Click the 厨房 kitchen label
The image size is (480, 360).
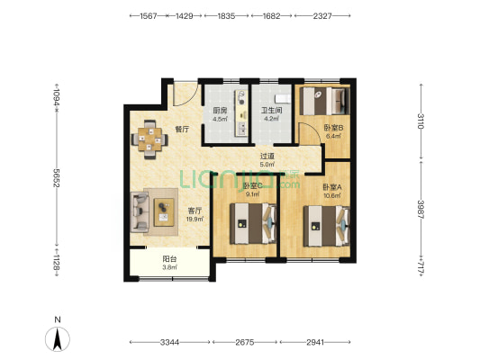click(x=220, y=111)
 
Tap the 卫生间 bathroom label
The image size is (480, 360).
click(x=271, y=111)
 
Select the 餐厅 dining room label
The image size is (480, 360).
click(x=182, y=130)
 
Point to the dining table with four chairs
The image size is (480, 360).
click(x=149, y=139)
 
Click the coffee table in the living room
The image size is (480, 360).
click(x=164, y=212)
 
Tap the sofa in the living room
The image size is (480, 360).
click(x=140, y=212)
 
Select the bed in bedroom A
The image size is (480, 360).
click(x=327, y=226)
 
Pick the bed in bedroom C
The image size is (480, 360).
click(x=253, y=223)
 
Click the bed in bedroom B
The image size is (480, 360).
click(x=324, y=101)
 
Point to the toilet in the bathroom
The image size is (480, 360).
click(x=283, y=98)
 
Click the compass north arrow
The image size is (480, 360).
click(x=58, y=339)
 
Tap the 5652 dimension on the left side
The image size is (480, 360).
click(x=57, y=177)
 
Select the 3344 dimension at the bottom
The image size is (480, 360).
click(x=169, y=342)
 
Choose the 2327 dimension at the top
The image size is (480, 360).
click(x=322, y=15)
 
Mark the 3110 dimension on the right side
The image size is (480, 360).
click(x=421, y=121)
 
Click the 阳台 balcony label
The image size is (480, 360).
click(x=169, y=259)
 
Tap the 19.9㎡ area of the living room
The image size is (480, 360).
click(x=195, y=219)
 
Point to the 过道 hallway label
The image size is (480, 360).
click(x=267, y=156)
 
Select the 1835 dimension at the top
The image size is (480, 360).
click(x=226, y=15)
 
